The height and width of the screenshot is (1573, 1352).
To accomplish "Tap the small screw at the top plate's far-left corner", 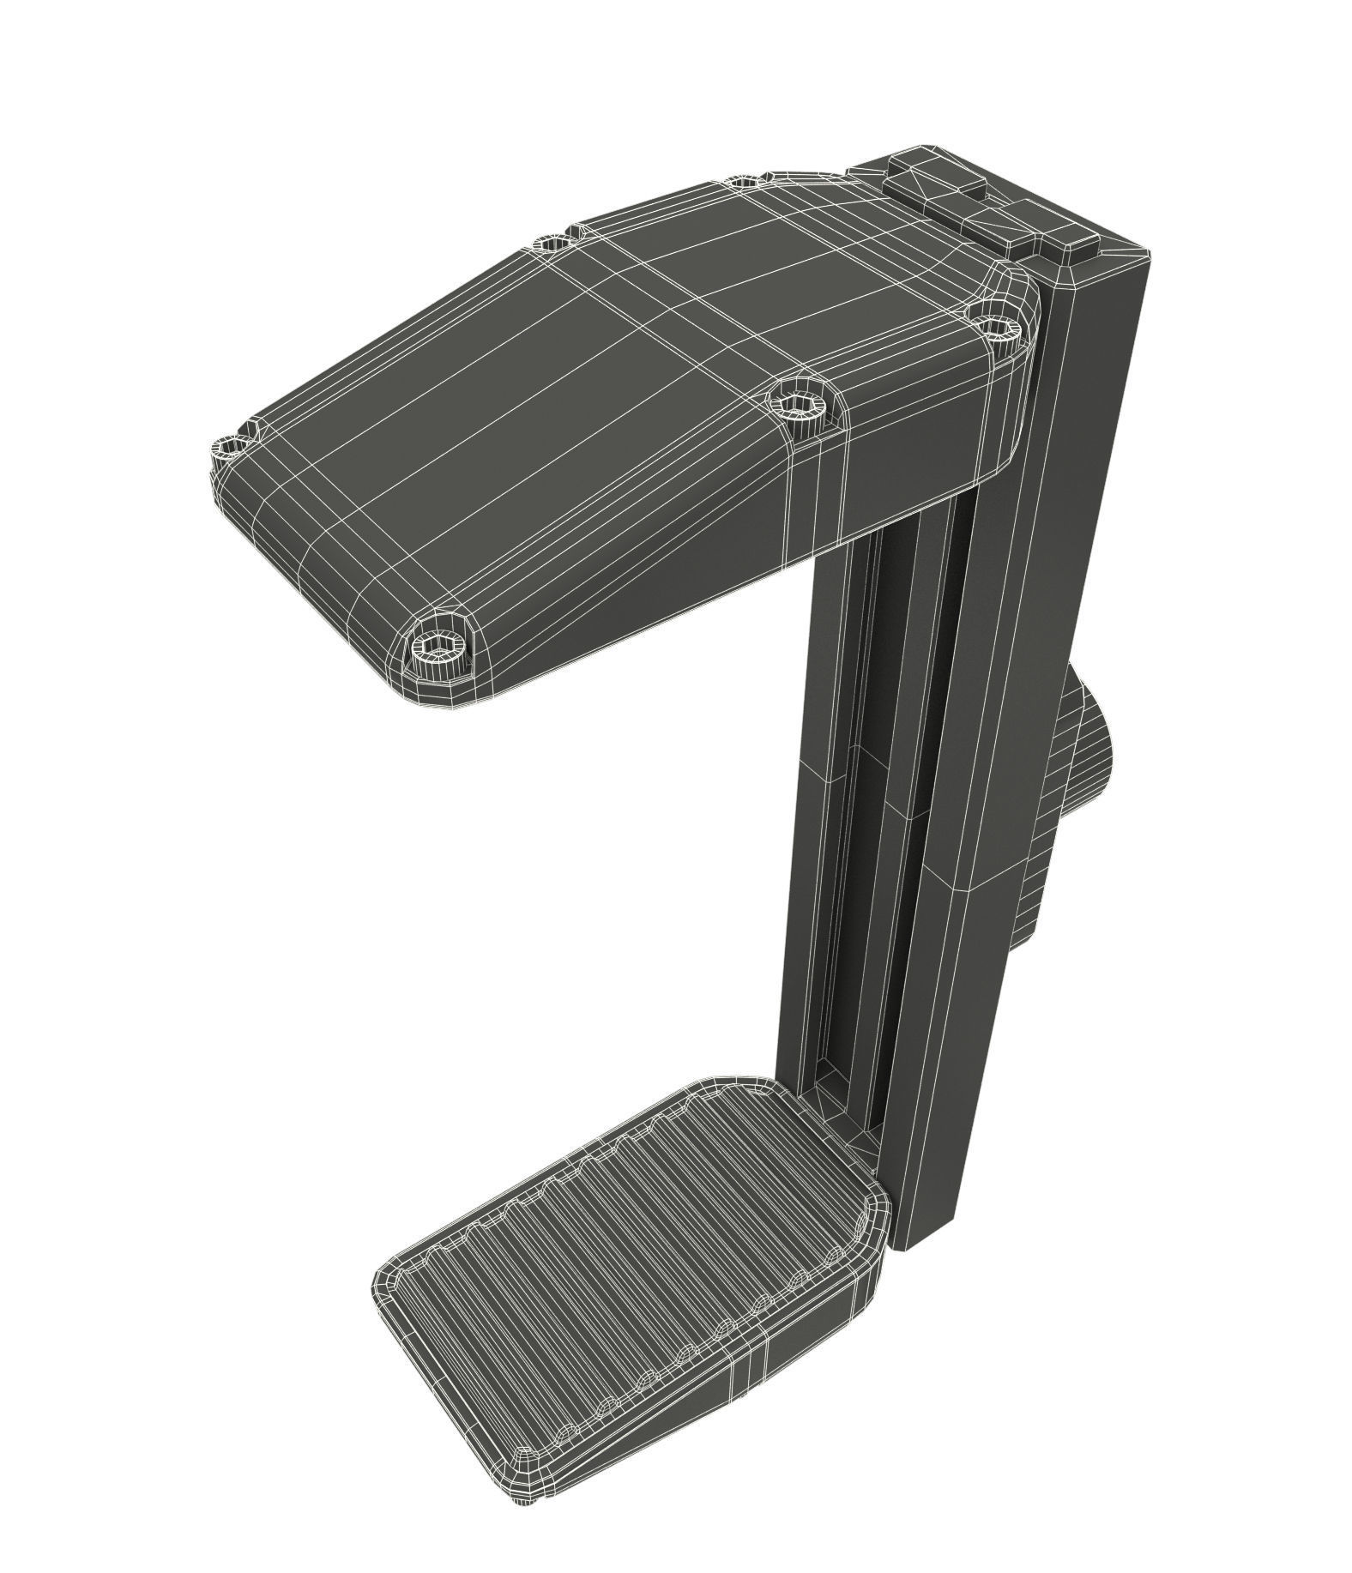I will click(230, 446).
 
